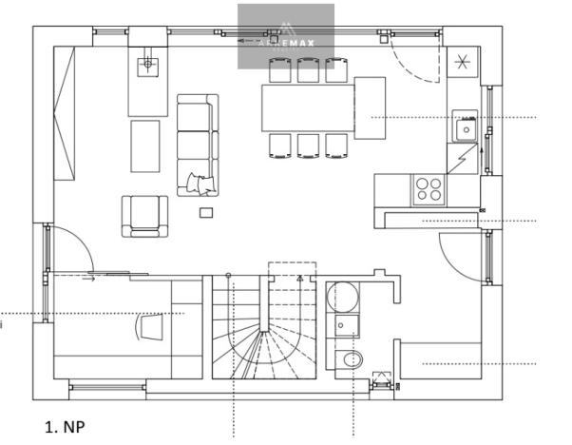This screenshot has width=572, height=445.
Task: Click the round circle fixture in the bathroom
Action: point(342,298)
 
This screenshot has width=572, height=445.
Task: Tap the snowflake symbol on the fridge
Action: point(464,64)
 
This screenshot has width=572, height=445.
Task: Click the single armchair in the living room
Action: point(143,215)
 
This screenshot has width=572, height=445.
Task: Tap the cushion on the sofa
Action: point(200,182)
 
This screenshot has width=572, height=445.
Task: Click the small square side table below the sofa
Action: point(206,212)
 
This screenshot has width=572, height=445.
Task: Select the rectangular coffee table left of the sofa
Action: point(144,145)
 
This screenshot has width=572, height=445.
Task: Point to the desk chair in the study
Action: point(151,325)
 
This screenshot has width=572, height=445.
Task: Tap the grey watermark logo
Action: point(285,36)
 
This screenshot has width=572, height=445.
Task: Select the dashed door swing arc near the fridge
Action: point(416,62)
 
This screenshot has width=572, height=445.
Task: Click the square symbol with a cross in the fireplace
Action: point(146,64)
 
